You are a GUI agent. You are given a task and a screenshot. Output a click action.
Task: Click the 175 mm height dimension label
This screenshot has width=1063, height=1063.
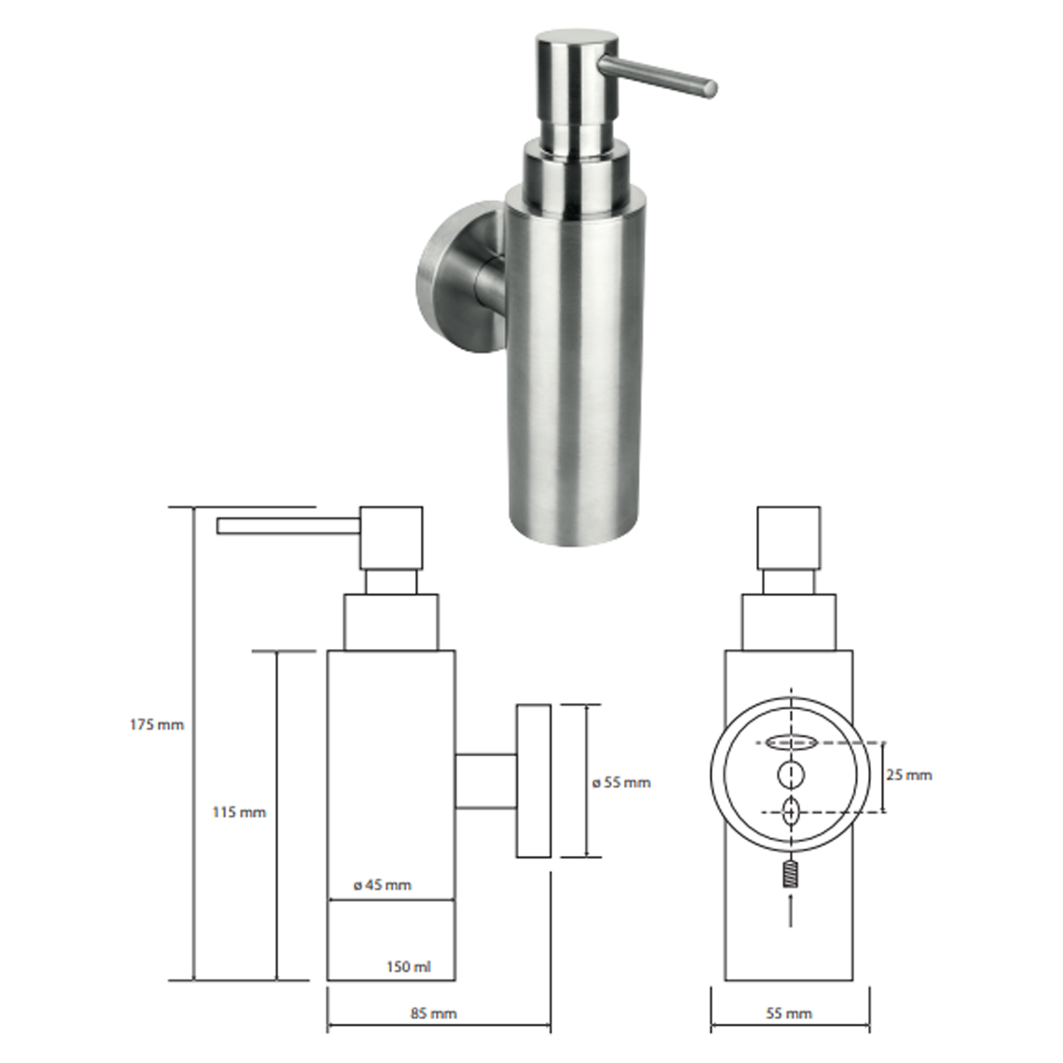coord(157,724)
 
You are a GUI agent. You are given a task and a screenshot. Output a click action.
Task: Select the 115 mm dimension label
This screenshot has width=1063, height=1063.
coord(239,812)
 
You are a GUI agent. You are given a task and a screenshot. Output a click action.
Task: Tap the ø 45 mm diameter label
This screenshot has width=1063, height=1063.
coord(382,885)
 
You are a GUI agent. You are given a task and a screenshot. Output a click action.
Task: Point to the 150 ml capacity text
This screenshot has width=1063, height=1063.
coord(409,967)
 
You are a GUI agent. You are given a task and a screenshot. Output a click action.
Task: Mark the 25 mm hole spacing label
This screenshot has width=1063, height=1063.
coord(909,775)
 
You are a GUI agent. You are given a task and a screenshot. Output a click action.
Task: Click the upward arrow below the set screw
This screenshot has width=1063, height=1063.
coord(791,910)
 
